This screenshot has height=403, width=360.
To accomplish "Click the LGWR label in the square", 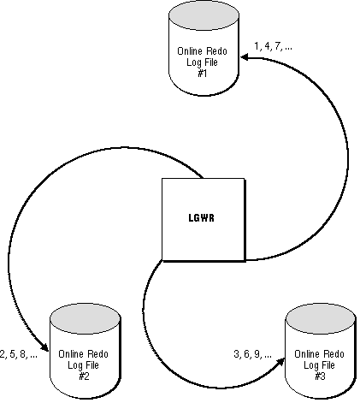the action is pyautogui.click(x=202, y=218).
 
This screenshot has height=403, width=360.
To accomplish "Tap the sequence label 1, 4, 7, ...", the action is pyautogui.click(x=273, y=46).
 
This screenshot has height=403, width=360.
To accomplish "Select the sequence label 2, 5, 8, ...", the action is pyautogui.click(x=19, y=354).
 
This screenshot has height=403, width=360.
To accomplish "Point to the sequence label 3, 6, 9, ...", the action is pyautogui.click(x=252, y=354).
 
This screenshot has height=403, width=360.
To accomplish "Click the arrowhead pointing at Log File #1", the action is pyautogui.click(x=245, y=58).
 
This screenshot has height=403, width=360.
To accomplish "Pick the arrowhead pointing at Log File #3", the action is pyautogui.click(x=280, y=362).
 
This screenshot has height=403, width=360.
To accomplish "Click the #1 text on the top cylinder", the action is pyautogui.click(x=202, y=74).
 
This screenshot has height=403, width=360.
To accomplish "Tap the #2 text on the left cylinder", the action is pyautogui.click(x=84, y=376).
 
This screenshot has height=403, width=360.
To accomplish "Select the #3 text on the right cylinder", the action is pyautogui.click(x=320, y=376).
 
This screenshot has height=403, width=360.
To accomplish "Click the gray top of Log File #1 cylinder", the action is pyautogui.click(x=204, y=15).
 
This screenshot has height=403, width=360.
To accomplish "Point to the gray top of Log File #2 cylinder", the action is pyautogui.click(x=85, y=318).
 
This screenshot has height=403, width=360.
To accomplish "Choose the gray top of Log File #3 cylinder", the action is pyautogui.click(x=321, y=318).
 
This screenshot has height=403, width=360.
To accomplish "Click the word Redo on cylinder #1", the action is pyautogui.click(x=216, y=51).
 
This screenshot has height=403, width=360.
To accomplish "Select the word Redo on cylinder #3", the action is pyautogui.click(x=333, y=354).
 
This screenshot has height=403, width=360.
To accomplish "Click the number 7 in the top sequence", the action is pyautogui.click(x=277, y=46).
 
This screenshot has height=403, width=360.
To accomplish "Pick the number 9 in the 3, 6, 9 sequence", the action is pyautogui.click(x=257, y=354).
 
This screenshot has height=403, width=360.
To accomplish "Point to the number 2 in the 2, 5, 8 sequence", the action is pyautogui.click(x=3, y=354).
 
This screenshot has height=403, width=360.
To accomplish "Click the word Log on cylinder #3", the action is pyautogui.click(x=310, y=365).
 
